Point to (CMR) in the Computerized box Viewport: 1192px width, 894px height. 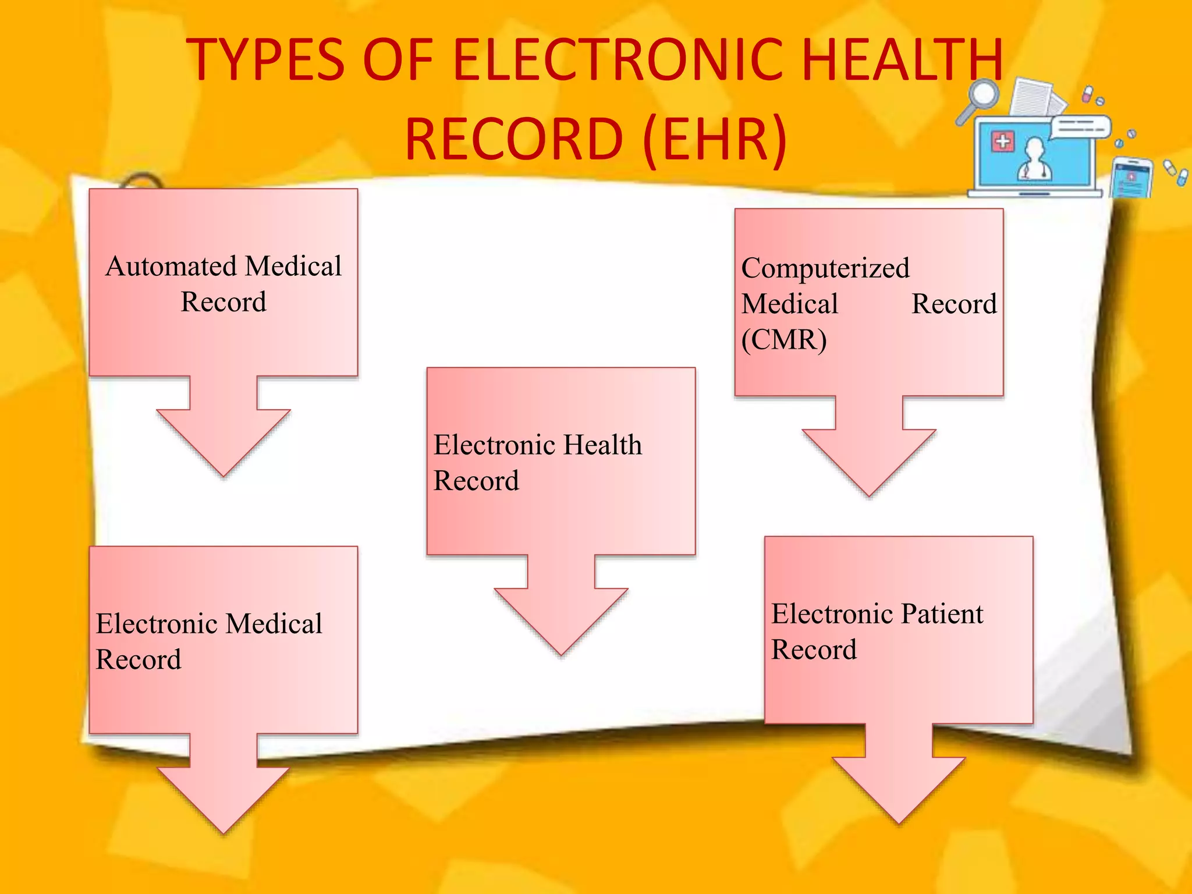coord(783,340)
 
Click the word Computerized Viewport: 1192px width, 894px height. coord(825,268)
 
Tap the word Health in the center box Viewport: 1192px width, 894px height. coord(603,445)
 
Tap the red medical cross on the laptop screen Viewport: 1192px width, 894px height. coord(1003,141)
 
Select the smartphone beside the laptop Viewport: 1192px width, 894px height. coord(1131,178)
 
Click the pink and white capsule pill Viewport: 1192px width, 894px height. coord(1087,94)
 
